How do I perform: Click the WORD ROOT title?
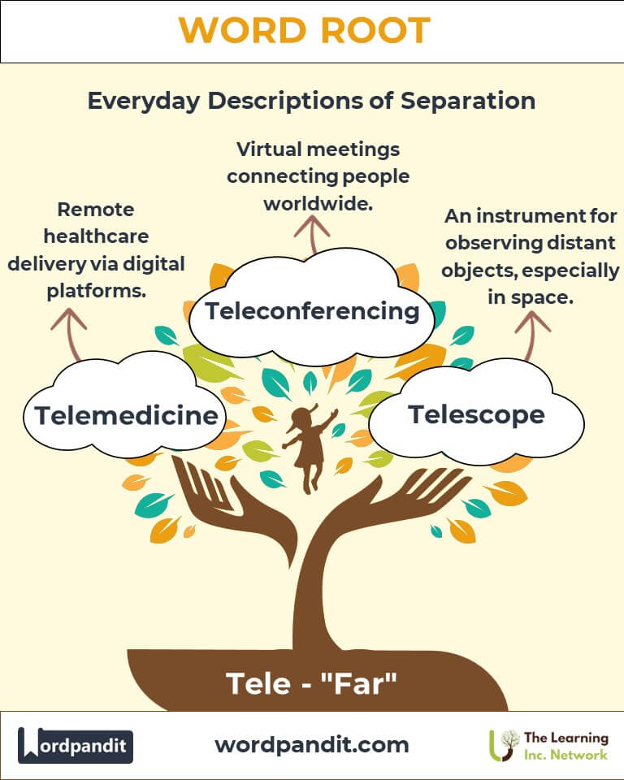coord(304,30)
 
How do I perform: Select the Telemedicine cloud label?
coord(126,416)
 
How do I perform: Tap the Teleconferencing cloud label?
coord(312,311)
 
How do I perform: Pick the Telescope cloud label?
coord(476,414)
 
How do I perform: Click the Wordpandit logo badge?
coord(76,745)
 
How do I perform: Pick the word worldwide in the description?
coord(318,203)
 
